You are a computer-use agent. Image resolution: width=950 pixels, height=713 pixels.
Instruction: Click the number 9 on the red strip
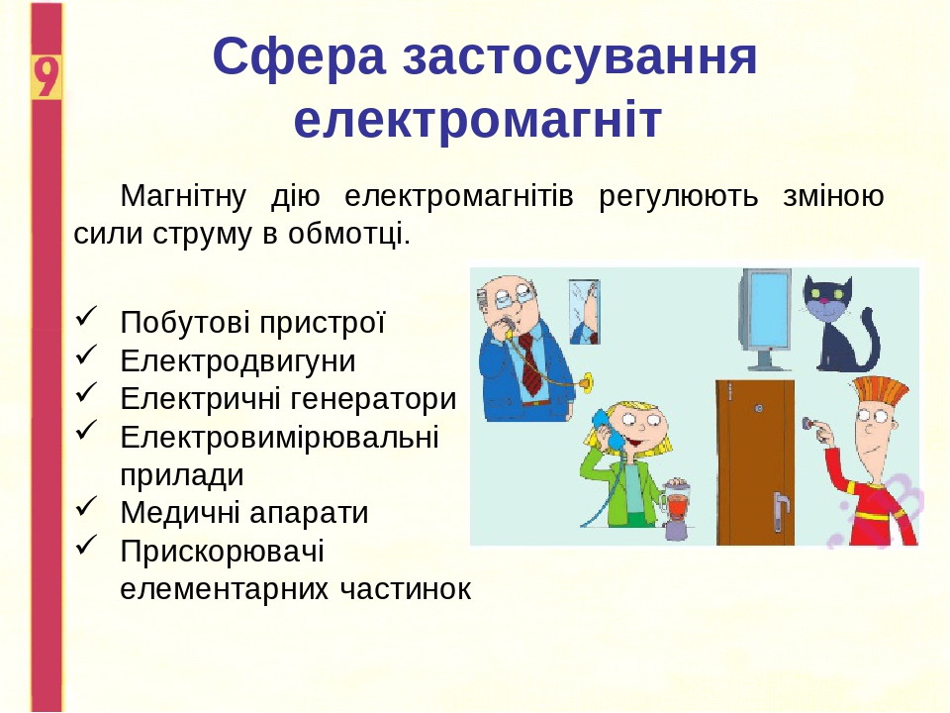pos(46,76)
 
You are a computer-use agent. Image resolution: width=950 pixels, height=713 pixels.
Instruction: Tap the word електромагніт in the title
pos(477,121)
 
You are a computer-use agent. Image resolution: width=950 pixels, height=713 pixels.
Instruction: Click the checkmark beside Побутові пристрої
pos(86,317)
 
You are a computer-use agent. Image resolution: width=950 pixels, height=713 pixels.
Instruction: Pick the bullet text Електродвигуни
pos(237,360)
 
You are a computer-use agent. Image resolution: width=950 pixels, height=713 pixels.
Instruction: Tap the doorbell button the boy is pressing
pos(809,425)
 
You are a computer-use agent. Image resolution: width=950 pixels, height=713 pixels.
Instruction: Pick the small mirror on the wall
pos(584,311)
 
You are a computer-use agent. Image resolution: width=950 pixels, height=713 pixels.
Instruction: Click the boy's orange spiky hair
pos(880,392)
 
